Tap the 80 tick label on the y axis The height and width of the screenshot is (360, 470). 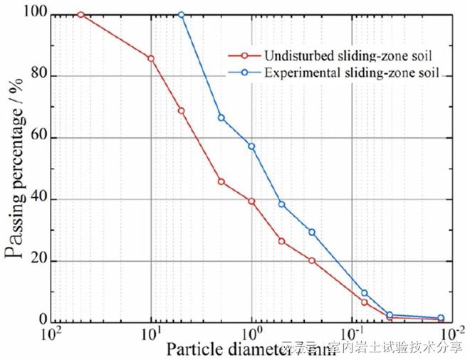tap(36, 76)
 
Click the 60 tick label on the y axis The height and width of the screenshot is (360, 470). tap(36, 137)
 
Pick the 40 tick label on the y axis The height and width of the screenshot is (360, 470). tap(36, 199)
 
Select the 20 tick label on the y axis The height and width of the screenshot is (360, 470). tap(36, 260)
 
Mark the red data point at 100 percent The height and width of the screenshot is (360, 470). tap(80, 14)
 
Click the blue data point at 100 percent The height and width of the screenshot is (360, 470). tap(181, 14)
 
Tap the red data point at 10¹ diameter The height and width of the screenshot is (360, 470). tap(150, 58)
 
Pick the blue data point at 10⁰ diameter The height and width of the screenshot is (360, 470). tap(251, 146)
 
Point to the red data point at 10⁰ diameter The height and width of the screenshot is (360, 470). tap(251, 201)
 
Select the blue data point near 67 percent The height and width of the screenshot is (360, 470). tap(221, 117)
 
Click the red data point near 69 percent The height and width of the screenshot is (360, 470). tap(181, 111)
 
